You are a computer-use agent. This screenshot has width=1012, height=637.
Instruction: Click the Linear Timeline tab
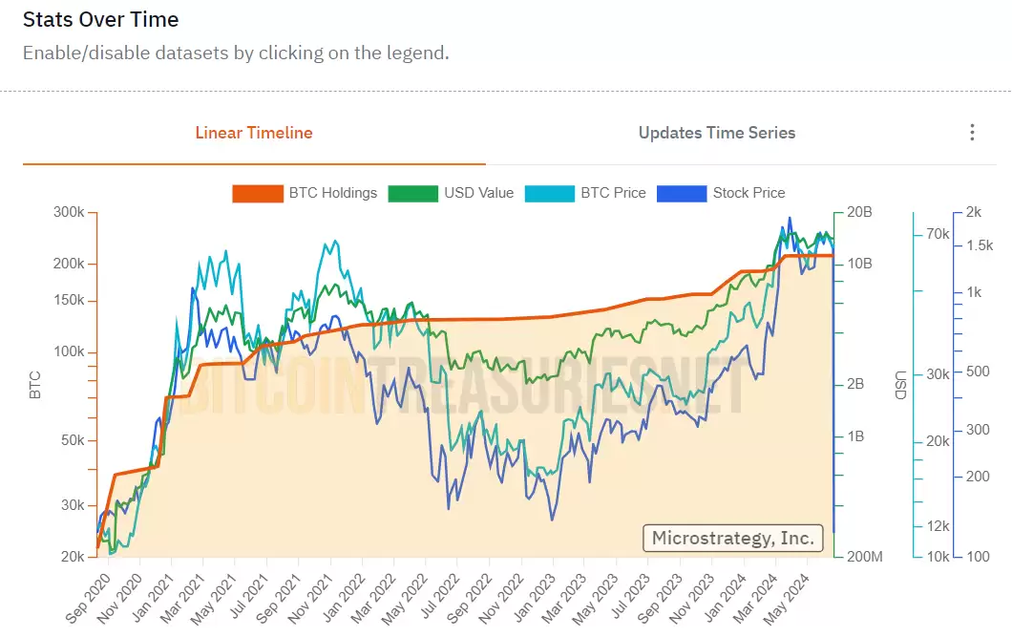tap(254, 133)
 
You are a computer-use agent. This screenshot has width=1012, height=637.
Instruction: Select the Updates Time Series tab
tap(717, 133)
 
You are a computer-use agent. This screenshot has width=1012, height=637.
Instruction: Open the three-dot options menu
tap(972, 133)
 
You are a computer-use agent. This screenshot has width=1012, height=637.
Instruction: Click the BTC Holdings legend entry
tap(306, 193)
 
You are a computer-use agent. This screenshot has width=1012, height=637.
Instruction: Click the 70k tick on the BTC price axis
tap(937, 234)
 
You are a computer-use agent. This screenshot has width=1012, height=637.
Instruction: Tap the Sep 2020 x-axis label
tap(89, 599)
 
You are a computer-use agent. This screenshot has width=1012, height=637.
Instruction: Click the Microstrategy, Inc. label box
tap(732, 538)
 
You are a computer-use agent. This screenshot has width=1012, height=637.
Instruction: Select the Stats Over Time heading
tap(100, 19)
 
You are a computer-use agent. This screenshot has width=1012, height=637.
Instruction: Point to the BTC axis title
tap(35, 385)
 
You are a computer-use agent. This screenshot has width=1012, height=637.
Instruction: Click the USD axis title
tap(899, 385)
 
